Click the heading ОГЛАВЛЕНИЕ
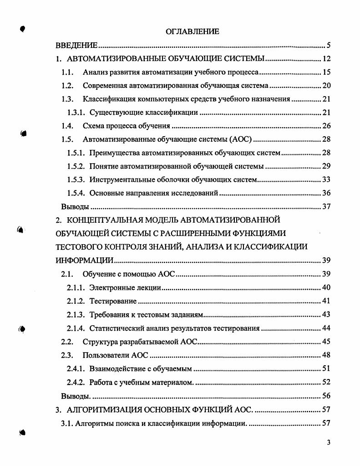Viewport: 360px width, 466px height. (x=192, y=31)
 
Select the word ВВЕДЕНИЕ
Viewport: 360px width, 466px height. (x=76, y=45)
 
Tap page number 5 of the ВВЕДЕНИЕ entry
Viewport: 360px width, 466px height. (x=328, y=45)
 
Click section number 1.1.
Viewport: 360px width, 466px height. (x=67, y=72)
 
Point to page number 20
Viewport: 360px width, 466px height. (x=326, y=86)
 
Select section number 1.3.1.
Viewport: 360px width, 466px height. (x=76, y=113)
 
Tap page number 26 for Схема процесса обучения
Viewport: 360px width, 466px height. (x=326, y=126)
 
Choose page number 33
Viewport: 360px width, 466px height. (x=326, y=179)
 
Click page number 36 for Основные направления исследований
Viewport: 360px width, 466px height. (x=326, y=193)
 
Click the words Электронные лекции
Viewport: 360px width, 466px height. (x=125, y=287)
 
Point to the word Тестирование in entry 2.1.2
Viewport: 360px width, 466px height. (x=113, y=301)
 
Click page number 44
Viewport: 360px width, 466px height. (x=326, y=328)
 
